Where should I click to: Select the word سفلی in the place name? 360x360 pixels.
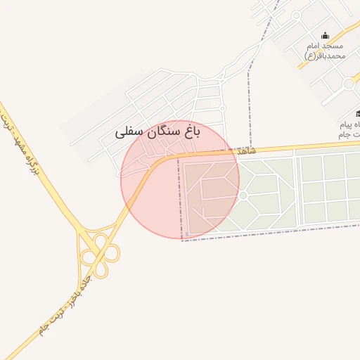tap(129, 131)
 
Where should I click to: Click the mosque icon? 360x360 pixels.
tap(325, 36)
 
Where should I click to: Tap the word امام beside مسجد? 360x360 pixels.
tap(314, 46)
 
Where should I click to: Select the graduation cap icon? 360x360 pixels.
tap(358, 113)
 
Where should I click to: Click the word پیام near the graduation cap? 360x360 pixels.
tap(349, 124)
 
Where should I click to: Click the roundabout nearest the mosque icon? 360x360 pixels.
tap(296, 15)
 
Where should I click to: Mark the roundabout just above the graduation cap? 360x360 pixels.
tap(348, 84)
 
